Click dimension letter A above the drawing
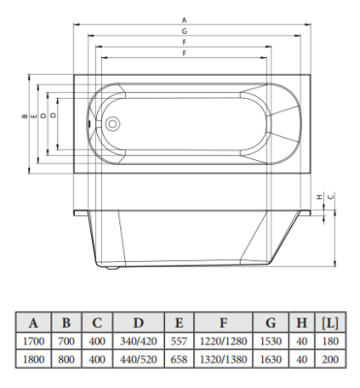pos(184,19)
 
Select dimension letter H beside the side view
pos(319,197)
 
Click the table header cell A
pos(34,322)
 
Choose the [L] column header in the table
pos(330,322)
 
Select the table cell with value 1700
pos(34,340)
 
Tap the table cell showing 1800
pos(34,360)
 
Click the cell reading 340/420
pos(140,340)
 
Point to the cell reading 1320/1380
pos(223,360)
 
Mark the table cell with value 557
pos(180,340)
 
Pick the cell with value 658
pos(180,360)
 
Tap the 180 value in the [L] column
pos(330,340)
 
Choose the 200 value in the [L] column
pos(330,360)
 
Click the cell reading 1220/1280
pos(223,340)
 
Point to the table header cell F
pos(223,322)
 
